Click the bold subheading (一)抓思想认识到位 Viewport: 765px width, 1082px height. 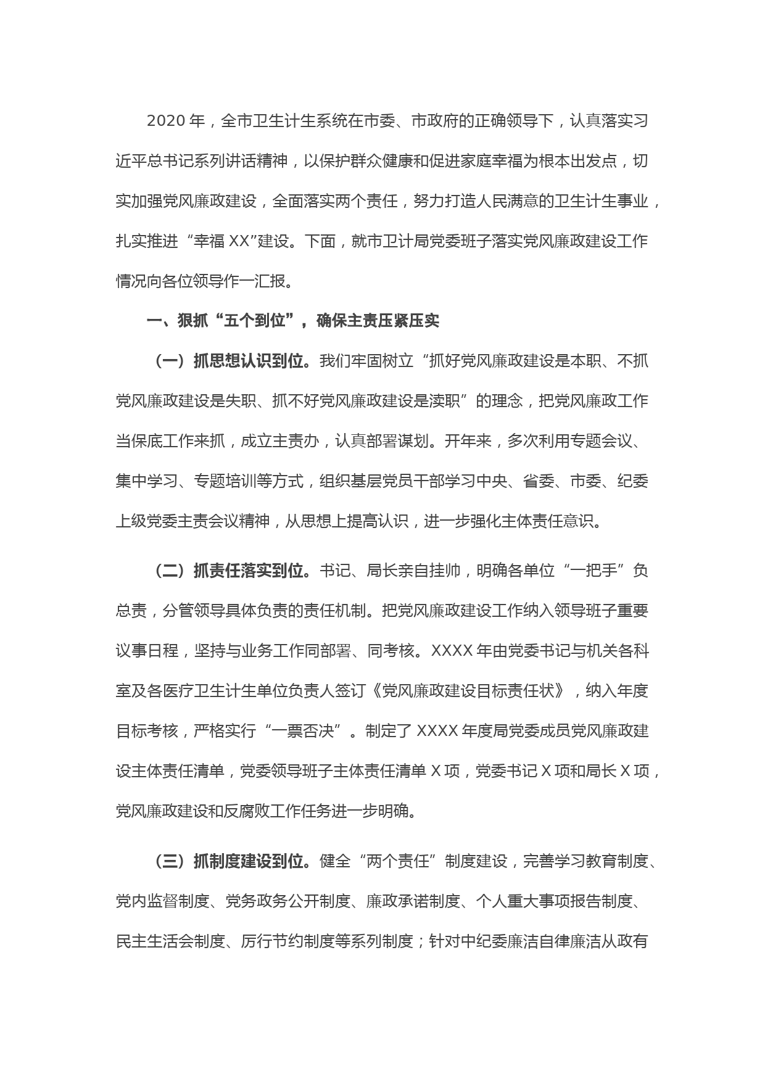pyautogui.click(x=231, y=361)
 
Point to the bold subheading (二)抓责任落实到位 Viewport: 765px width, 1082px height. pyautogui.click(x=231, y=571)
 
